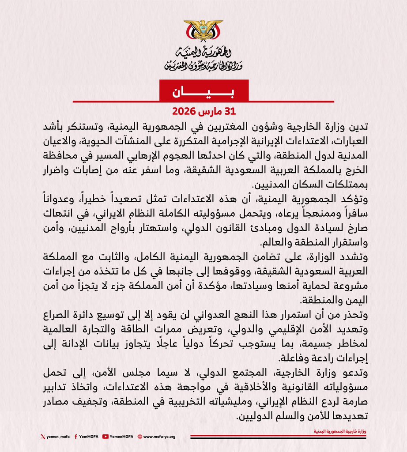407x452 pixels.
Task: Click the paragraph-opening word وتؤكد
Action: point(355,199)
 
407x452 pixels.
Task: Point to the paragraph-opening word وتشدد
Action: point(354,256)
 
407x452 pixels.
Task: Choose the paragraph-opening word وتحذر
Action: point(355,315)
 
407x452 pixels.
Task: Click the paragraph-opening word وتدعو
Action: point(355,373)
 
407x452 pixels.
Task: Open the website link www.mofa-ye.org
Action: point(158,437)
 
